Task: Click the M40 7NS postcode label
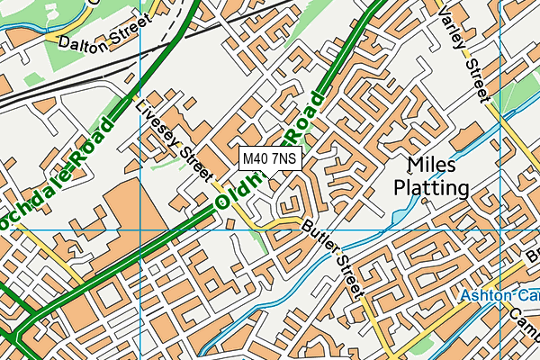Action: [269, 159]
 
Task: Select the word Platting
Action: [432, 188]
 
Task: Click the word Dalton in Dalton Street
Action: [81, 41]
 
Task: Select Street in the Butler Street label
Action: [349, 274]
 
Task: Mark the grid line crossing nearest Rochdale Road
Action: [142, 229]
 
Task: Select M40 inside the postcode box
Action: [256, 159]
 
